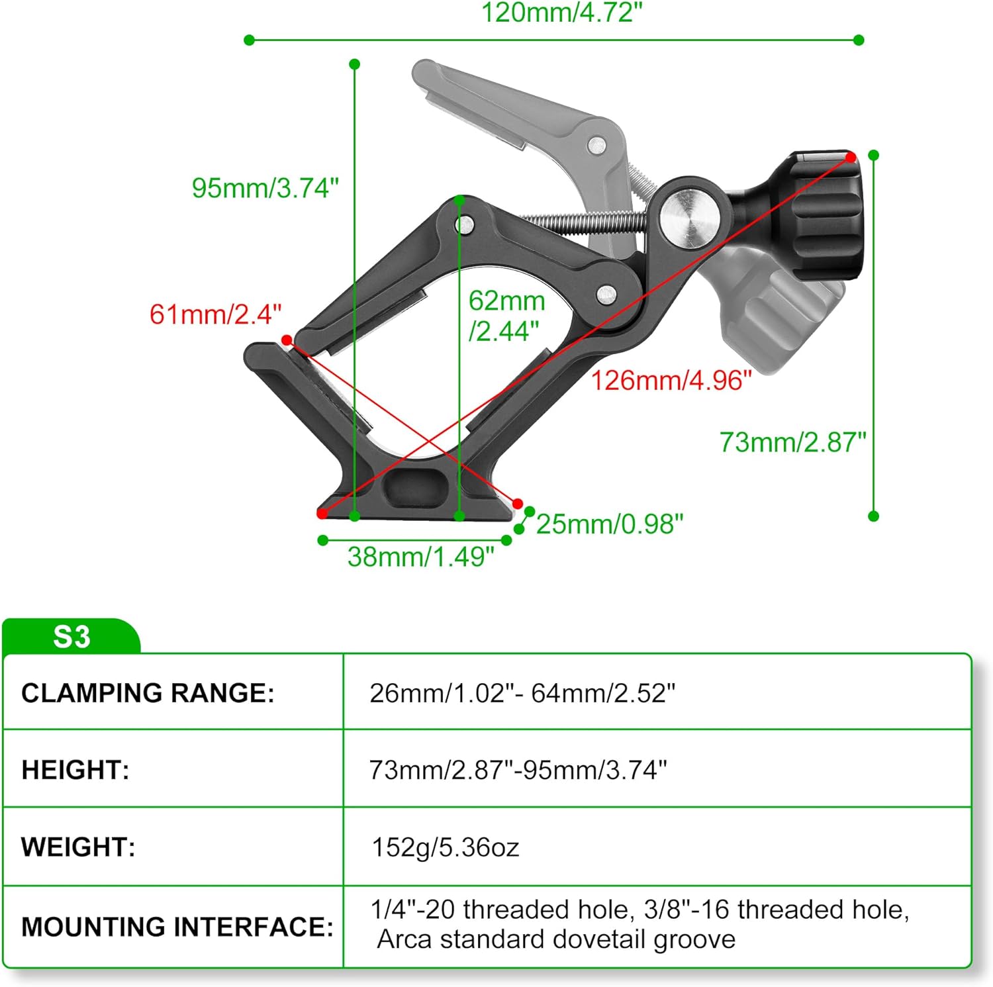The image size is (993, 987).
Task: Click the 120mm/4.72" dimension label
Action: [x=561, y=13]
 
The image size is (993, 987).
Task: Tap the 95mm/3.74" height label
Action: [x=265, y=188]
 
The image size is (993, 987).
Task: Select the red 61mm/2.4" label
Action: [x=215, y=314]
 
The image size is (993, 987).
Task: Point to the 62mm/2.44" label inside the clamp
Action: [x=506, y=316]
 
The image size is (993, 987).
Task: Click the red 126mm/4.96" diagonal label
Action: [x=671, y=381]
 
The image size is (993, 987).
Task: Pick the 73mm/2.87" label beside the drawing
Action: [x=792, y=442]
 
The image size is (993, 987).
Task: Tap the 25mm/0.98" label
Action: [x=609, y=524]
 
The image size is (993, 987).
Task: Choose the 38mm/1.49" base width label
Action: [x=420, y=557]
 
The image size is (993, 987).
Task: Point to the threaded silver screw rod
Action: [x=583, y=222]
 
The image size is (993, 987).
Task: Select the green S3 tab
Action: [x=71, y=637]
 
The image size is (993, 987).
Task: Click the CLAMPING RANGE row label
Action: [x=148, y=693]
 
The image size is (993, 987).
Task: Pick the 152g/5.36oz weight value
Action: [x=445, y=847]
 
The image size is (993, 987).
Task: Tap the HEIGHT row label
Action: [x=75, y=771]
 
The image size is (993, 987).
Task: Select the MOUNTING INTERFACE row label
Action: [x=177, y=927]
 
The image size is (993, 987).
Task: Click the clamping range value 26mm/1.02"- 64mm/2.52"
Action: [x=522, y=693]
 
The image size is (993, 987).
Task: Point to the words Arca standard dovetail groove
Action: [x=556, y=939]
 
